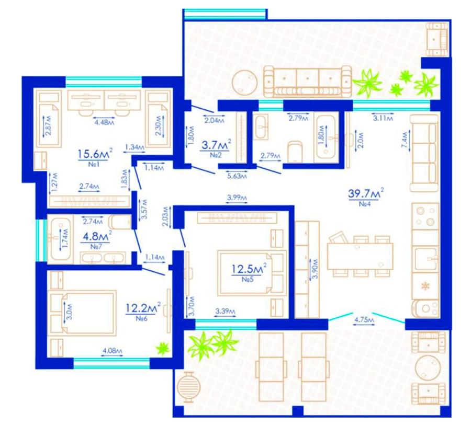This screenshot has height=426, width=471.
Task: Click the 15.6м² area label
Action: (x=95, y=154)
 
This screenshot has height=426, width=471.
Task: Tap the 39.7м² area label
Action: (x=366, y=194)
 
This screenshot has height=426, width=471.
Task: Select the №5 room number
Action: (x=248, y=279)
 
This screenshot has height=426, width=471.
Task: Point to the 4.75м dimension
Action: (x=364, y=320)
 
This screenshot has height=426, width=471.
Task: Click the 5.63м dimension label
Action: (x=237, y=176)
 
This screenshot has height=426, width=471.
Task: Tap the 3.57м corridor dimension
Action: (x=144, y=209)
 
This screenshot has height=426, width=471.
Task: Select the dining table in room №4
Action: (x=360, y=256)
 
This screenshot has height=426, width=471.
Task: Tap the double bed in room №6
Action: (x=83, y=312)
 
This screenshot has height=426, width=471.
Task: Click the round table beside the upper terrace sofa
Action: (x=245, y=82)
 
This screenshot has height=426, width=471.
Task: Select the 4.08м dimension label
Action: (x=113, y=350)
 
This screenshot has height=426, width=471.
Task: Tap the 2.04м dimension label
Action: (x=215, y=121)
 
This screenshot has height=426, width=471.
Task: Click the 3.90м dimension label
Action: (x=315, y=269)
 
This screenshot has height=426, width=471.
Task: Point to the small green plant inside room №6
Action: (x=163, y=348)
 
